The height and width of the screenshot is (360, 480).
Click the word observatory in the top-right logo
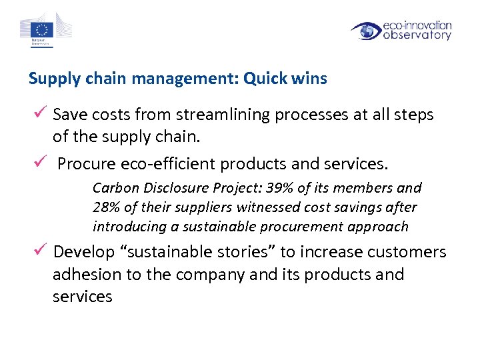(x=417, y=36)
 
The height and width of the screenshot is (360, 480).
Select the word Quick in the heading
(x=265, y=79)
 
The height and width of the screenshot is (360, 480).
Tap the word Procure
(x=85, y=164)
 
